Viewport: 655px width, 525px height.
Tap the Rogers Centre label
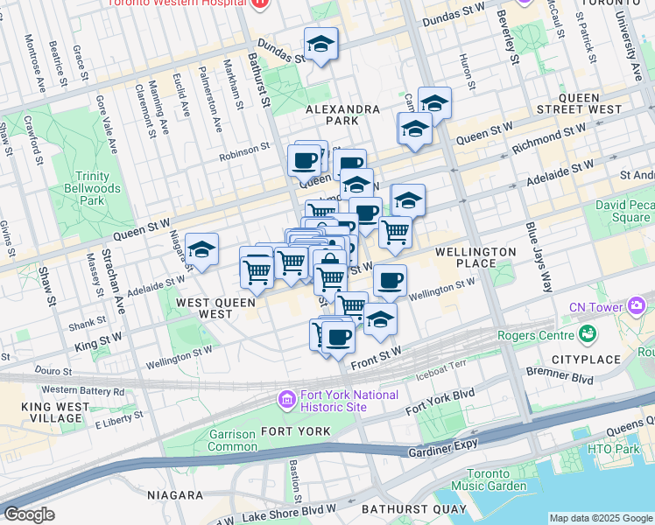point(534,335)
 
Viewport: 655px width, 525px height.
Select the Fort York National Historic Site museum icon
point(286,400)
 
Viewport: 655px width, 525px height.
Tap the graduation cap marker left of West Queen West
point(201,249)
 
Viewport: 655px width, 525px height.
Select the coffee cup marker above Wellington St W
point(390,280)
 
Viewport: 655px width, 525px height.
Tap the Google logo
point(28,514)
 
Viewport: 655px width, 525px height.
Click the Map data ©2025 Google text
point(600,518)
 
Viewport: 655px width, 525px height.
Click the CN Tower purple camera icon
point(637,306)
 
